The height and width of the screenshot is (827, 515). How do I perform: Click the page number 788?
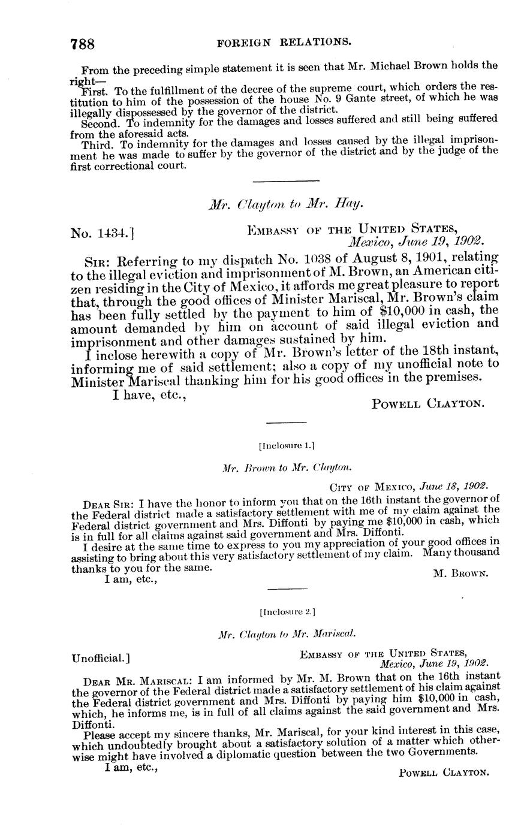(83, 44)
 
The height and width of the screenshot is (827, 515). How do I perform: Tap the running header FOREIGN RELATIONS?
(284, 42)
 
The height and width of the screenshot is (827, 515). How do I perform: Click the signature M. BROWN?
(460, 573)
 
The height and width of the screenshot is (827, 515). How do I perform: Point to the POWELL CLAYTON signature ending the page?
(444, 773)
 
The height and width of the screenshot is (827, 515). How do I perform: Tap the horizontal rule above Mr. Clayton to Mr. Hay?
(286, 181)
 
